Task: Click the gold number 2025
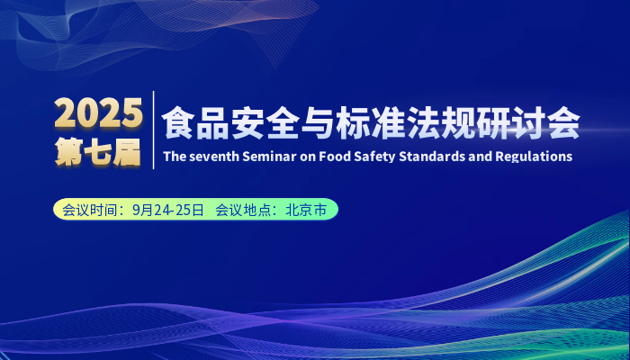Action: coord(98,112)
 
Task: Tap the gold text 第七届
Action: coord(98,153)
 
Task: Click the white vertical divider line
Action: coord(154,130)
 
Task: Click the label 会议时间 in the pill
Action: coord(82,210)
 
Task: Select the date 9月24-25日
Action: coord(168,210)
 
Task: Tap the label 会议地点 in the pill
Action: coord(235,210)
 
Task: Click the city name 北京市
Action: coord(306,210)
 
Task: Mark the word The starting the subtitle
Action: coord(174,157)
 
